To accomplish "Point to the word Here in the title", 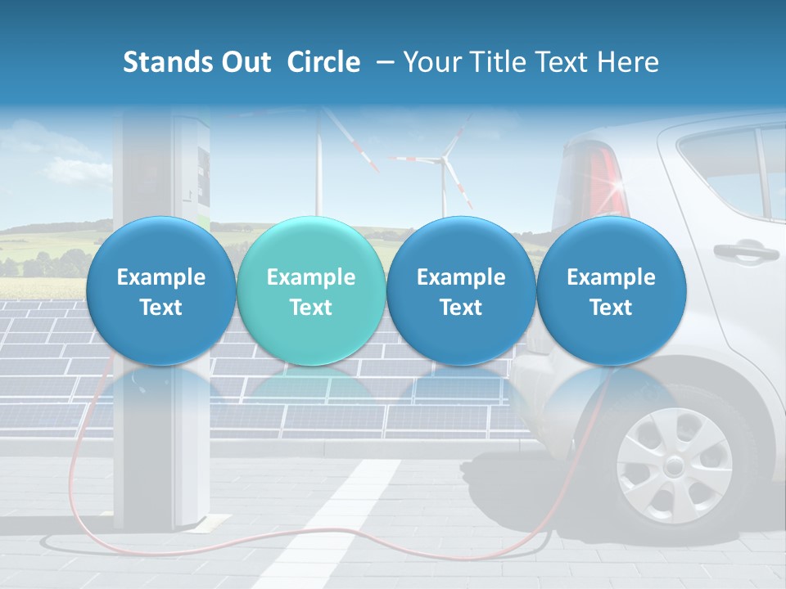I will (631, 62).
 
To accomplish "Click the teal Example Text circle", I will (310, 291).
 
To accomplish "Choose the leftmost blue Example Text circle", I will (160, 291).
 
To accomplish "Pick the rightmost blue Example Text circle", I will (611, 291).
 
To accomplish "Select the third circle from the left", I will (460, 291).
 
